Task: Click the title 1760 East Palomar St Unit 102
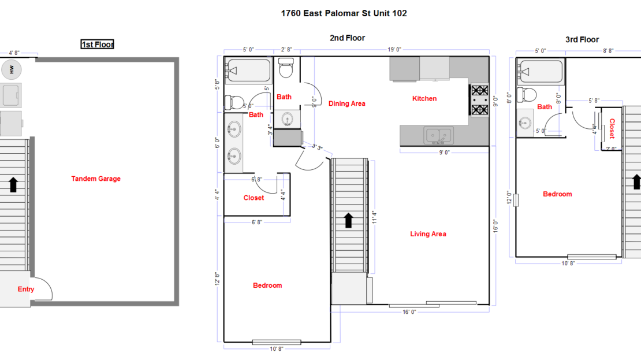pos(344,13)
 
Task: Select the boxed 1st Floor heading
pos(97,44)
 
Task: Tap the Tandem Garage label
pos(96,179)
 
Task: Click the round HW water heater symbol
pos(12,70)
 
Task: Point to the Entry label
pos(26,290)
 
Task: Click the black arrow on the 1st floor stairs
pos(13,185)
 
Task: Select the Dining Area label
pos(346,104)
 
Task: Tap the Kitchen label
pos(424,99)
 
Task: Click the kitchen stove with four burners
pos(480,99)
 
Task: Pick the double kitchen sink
pos(439,136)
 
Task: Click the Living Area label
pos(428,234)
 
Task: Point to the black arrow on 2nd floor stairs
pos(348,220)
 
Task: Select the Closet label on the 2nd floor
pos(254,198)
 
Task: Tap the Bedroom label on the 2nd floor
pos(267,285)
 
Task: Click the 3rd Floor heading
pos(582,40)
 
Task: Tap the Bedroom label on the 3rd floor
pos(557,194)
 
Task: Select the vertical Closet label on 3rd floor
pos(612,128)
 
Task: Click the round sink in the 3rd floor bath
pos(526,123)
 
